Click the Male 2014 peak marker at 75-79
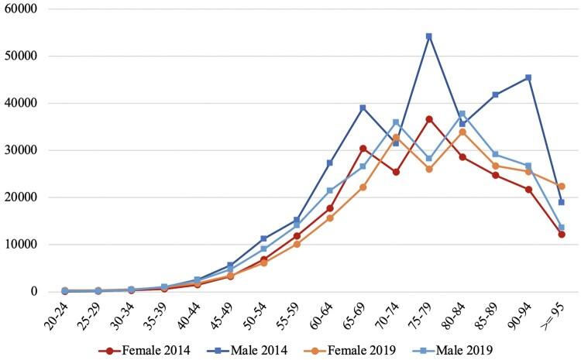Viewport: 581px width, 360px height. tap(428, 36)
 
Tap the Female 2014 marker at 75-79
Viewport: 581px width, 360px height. tap(428, 119)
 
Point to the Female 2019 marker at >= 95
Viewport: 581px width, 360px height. tap(561, 186)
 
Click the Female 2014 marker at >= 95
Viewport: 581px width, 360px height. tap(561, 234)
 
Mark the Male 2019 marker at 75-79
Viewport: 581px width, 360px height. tap(428, 158)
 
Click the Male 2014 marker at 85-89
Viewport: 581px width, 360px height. tap(495, 94)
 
